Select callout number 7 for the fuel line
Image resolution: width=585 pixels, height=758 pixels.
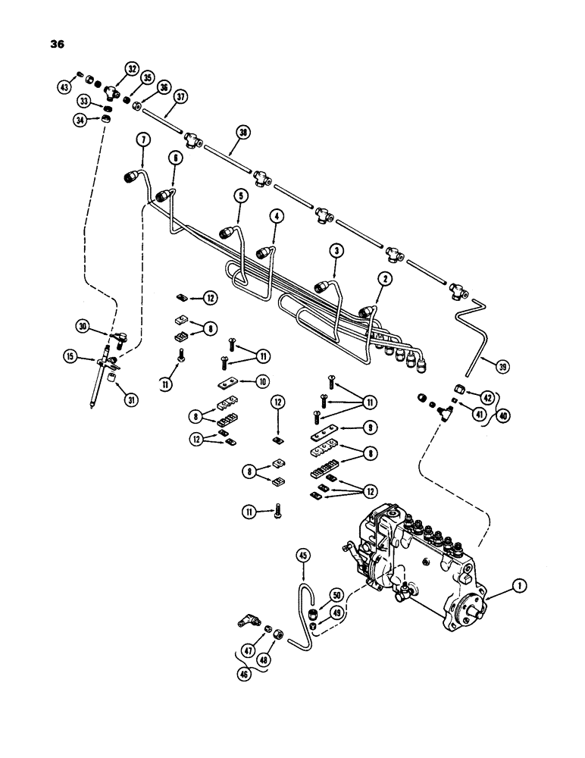pyautogui.click(x=141, y=138)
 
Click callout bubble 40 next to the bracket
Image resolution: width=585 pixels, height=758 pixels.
pyautogui.click(x=504, y=415)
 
